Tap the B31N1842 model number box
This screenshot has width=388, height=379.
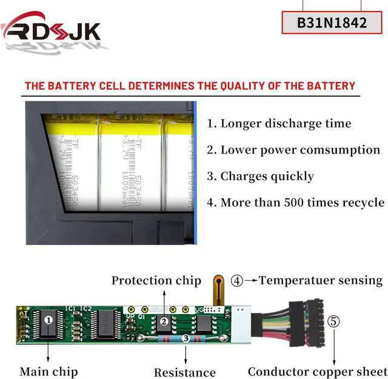(x=332, y=22)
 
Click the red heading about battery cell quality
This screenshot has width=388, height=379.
(x=190, y=86)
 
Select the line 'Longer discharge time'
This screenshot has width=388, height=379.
(x=279, y=124)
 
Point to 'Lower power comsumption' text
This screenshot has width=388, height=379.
(x=293, y=150)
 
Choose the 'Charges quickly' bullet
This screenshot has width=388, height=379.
(x=261, y=176)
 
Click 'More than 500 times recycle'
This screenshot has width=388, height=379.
(x=296, y=203)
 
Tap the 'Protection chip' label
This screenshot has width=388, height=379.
(x=156, y=280)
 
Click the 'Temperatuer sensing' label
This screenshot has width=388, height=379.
(x=321, y=280)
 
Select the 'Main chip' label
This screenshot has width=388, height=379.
(x=48, y=371)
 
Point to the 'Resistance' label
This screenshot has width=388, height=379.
(x=184, y=372)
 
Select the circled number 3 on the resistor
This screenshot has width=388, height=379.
(x=186, y=339)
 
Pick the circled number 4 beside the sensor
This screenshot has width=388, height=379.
(x=237, y=280)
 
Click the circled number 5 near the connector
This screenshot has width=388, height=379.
(x=333, y=320)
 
